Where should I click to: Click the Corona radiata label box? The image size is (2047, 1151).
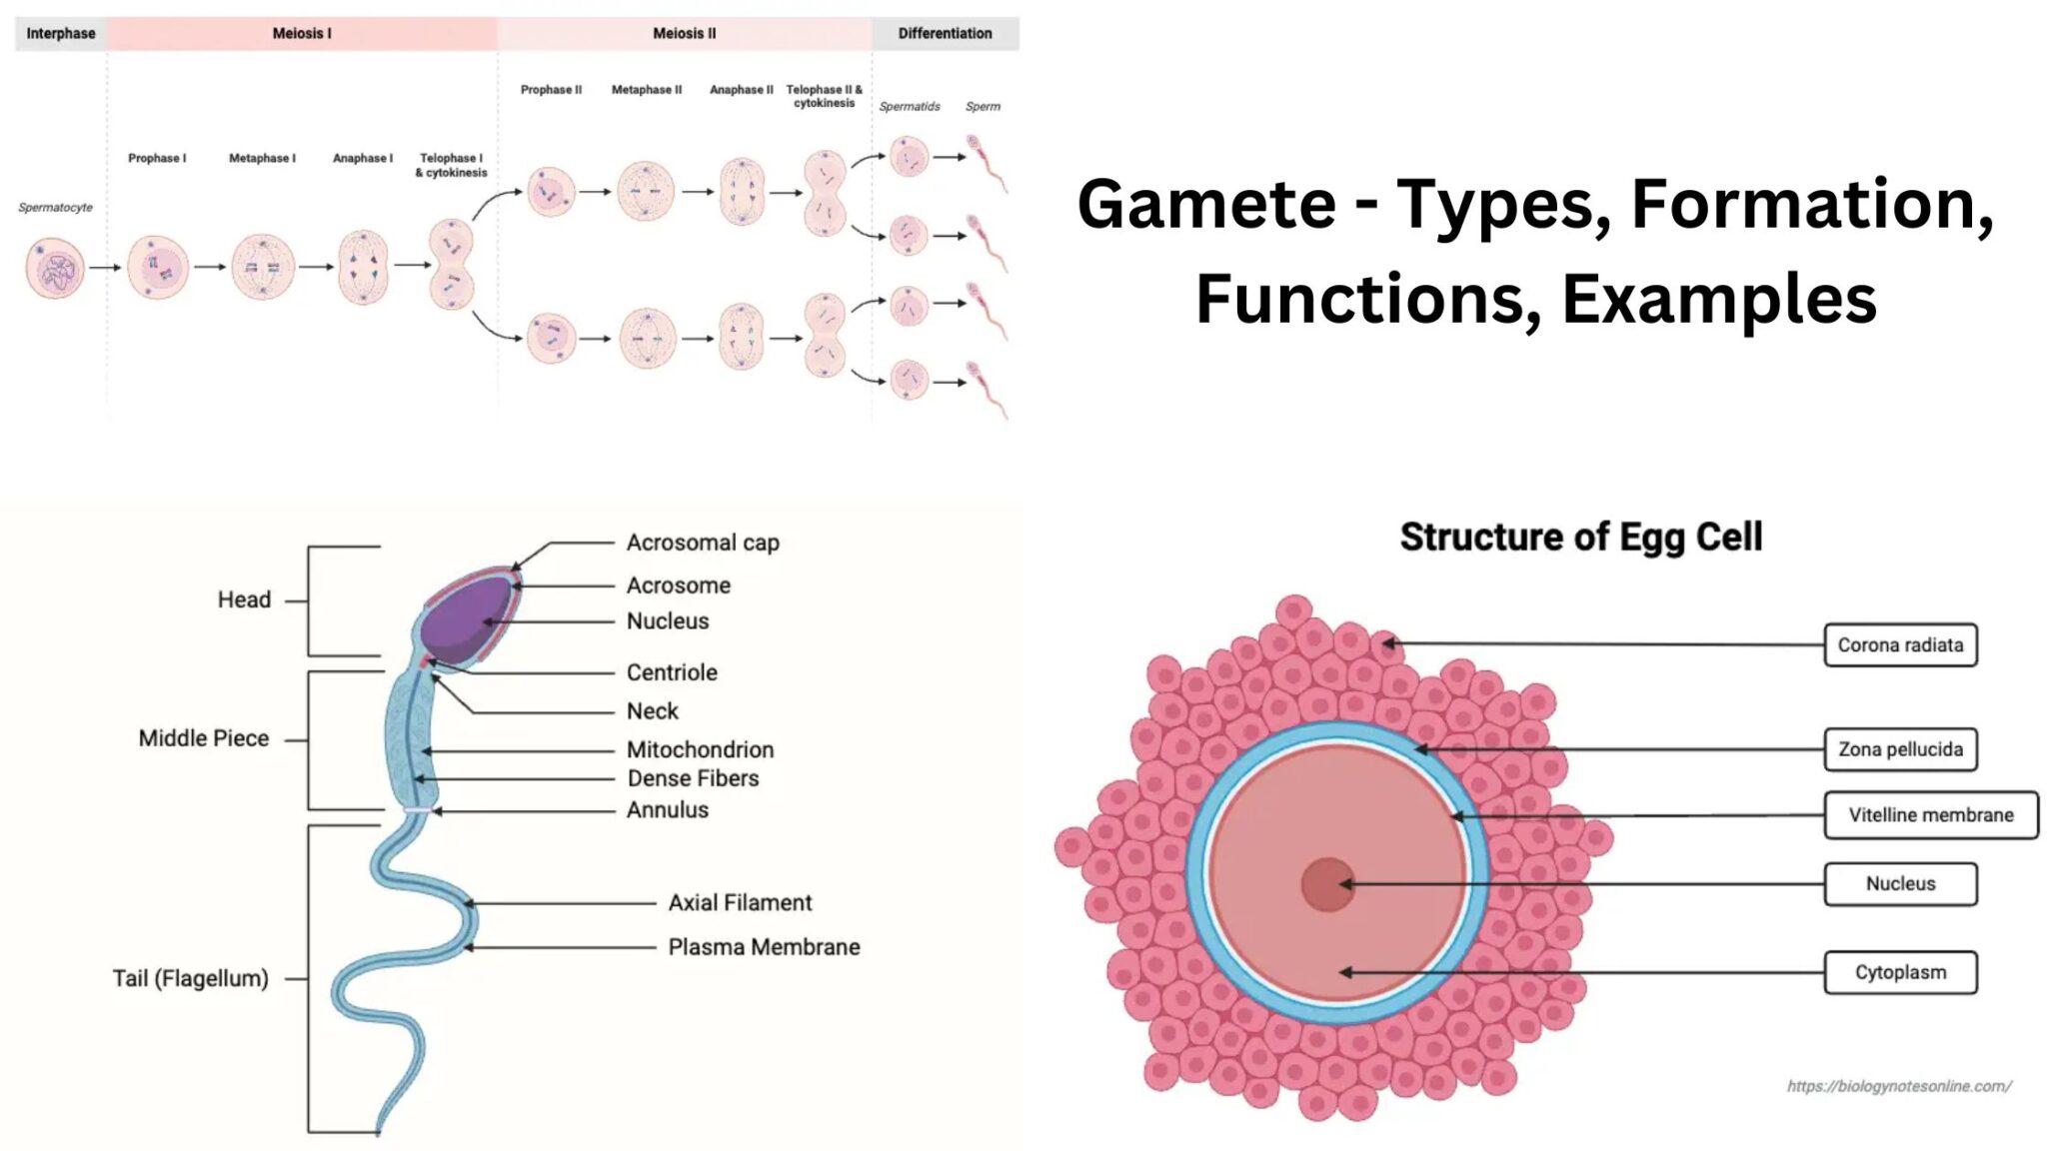point(1899,644)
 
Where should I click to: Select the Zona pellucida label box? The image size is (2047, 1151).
point(1899,749)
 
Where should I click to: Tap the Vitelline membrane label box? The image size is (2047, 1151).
point(1930,815)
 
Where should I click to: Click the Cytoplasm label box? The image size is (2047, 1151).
point(1899,972)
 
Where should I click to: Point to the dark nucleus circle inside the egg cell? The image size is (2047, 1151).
point(1327,884)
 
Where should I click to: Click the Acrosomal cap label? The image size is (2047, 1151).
point(702,543)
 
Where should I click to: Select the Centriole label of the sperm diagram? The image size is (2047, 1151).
point(672,672)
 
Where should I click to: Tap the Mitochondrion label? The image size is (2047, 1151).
point(700,749)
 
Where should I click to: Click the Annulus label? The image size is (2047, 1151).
point(667,810)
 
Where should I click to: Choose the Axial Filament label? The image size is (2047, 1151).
point(740,903)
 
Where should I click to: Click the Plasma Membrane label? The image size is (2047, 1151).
point(764,947)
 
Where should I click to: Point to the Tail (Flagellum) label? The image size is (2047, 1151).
point(190,978)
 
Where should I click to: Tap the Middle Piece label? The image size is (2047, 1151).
point(203,738)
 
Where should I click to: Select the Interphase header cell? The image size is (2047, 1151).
point(60,33)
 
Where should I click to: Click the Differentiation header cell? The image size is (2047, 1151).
point(945,33)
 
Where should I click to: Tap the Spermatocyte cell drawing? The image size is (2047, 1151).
point(55,268)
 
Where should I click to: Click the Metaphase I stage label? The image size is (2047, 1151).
point(262,158)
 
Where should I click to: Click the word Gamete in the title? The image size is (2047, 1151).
point(1206,204)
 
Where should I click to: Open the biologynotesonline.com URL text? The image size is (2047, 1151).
point(1898,1086)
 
